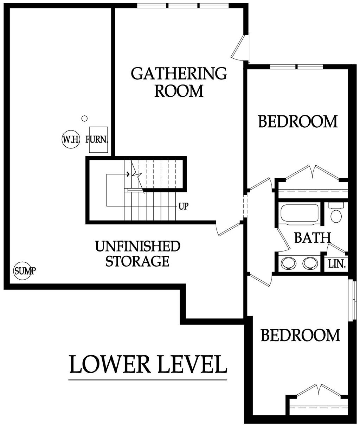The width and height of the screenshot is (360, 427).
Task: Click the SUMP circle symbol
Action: tap(22, 271)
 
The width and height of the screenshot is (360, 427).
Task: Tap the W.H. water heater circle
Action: tap(71, 139)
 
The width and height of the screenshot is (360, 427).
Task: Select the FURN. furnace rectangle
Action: tap(98, 140)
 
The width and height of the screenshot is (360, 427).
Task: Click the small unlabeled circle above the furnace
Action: tap(84, 119)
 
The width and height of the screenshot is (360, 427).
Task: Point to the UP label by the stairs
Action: tap(183, 206)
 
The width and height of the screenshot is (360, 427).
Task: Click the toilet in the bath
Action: tap(336, 213)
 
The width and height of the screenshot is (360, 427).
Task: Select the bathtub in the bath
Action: tap(300, 213)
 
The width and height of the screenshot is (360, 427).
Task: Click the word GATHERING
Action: tap(179, 74)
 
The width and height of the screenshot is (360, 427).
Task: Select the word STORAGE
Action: tap(137, 261)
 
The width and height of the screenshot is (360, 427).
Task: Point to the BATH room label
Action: tap(313, 238)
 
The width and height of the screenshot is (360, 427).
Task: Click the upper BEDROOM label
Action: tap(298, 122)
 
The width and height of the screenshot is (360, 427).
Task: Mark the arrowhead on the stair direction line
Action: tap(128, 174)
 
